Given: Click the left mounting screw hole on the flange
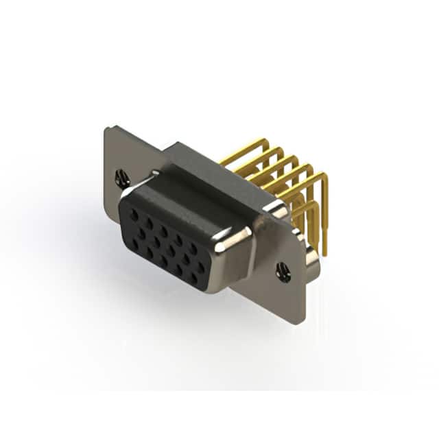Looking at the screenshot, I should (x=122, y=178).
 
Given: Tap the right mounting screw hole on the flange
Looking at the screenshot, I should (x=283, y=272).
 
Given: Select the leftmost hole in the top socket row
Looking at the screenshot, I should (x=134, y=213).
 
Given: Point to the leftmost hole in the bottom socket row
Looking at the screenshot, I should (x=135, y=242).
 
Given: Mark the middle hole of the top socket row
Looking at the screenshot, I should (x=164, y=230).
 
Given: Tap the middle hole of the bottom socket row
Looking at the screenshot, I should (x=165, y=260).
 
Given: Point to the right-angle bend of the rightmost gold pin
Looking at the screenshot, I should (x=324, y=176).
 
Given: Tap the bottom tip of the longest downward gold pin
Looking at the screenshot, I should (x=324, y=254).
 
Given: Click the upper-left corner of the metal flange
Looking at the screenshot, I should (x=108, y=128).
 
